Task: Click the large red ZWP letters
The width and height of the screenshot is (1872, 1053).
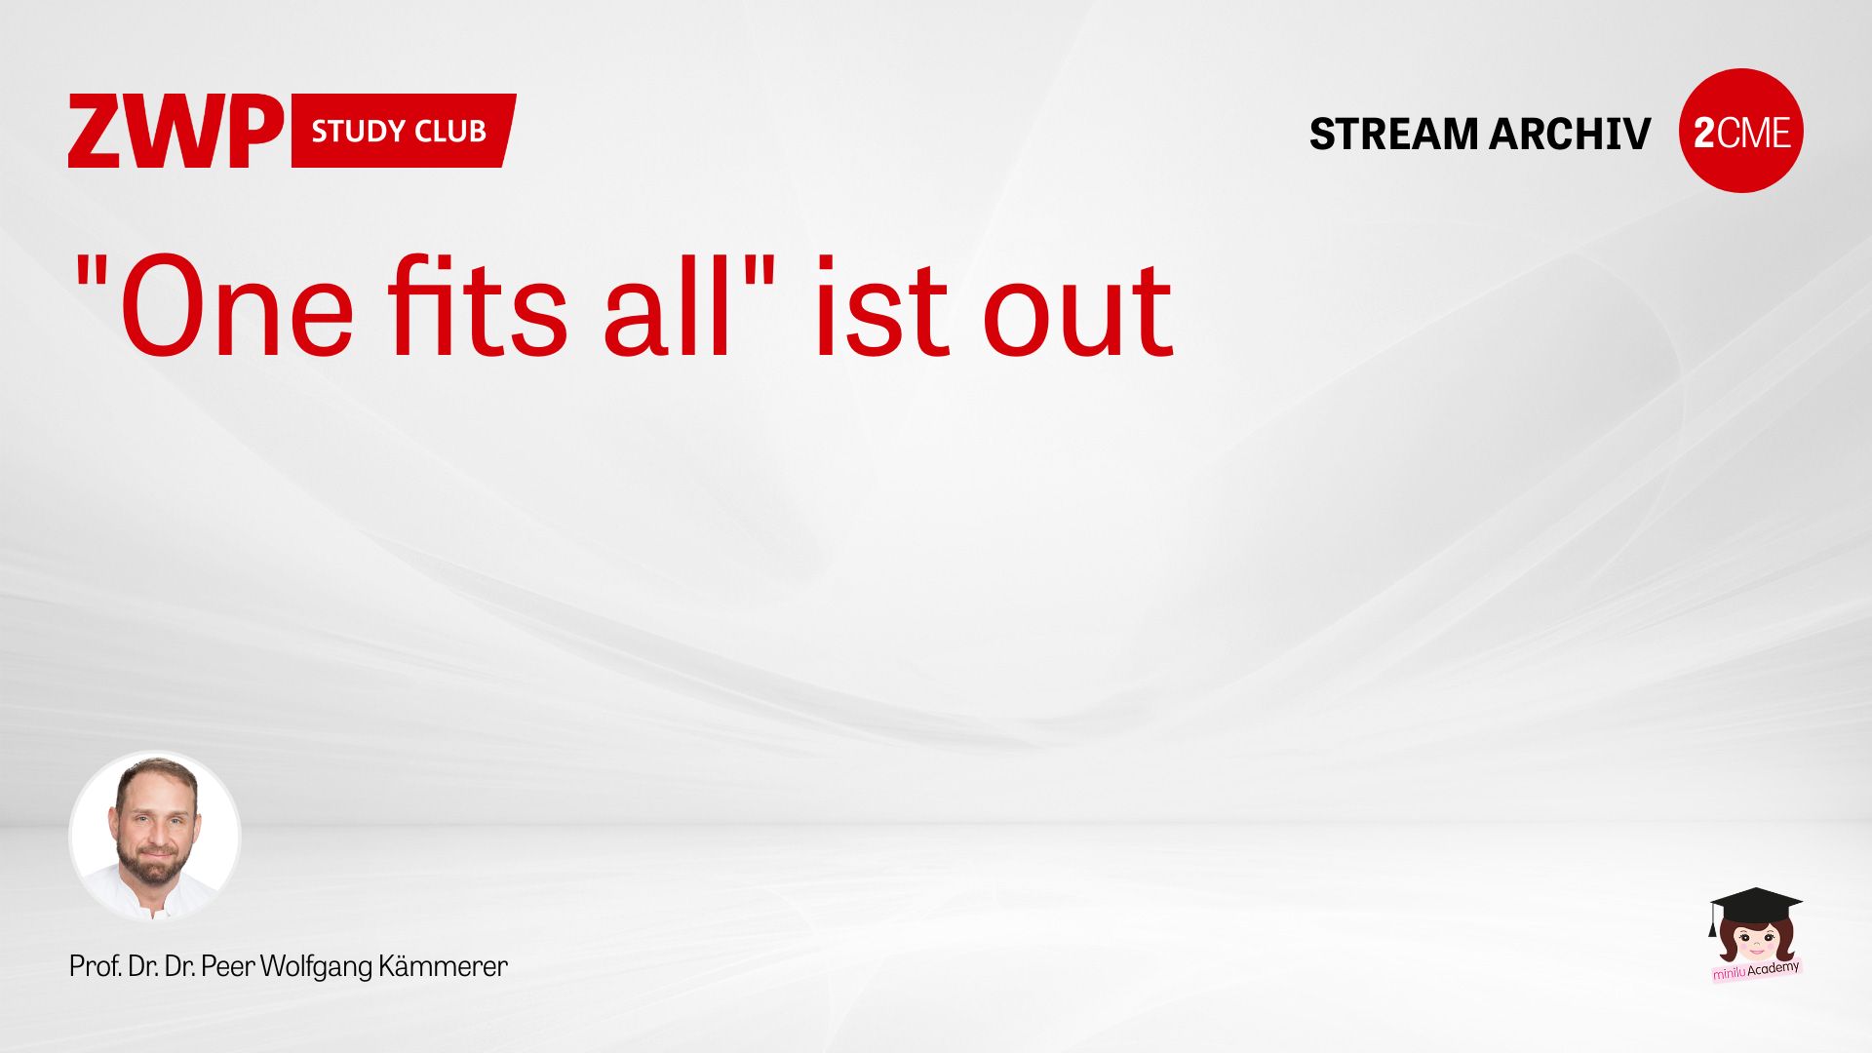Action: coord(175,131)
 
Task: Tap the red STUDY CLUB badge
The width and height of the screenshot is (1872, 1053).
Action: coord(404,131)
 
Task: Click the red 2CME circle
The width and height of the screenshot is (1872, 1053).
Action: coord(1741,131)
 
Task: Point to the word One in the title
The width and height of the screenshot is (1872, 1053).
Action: coord(237,307)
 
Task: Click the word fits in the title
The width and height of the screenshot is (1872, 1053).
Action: coord(478,304)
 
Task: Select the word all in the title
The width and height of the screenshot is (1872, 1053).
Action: coord(668,304)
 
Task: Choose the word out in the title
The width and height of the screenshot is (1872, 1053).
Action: coord(1077,310)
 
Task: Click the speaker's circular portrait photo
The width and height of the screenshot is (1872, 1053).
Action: coord(154,836)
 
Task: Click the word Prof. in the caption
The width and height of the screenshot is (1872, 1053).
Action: coord(95,966)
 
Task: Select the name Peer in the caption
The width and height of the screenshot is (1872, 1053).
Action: coord(228,966)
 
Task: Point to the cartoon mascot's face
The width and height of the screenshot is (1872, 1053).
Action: coord(1756,943)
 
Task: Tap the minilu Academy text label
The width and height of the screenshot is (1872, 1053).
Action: coord(1756,970)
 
